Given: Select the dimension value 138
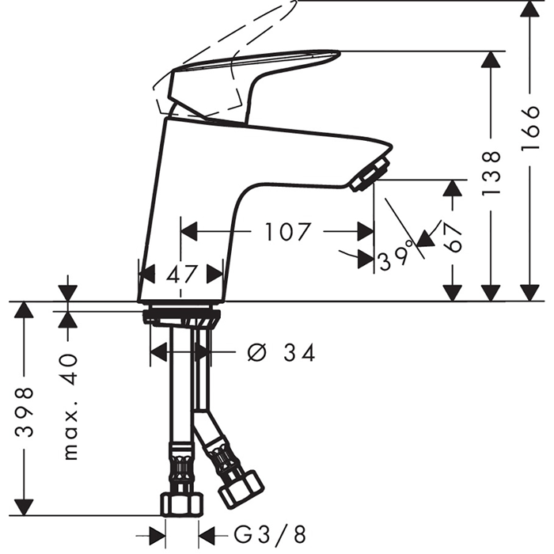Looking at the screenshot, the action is coord(491,173).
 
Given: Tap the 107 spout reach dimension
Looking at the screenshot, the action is coord(287,232).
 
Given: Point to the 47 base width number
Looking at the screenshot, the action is coord(181,274).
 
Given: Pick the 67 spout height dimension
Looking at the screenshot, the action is coord(453,237).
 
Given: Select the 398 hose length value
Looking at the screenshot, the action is coord(25,412).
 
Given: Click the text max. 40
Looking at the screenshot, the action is coord(70,407).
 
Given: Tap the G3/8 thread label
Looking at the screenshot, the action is coord(270,535).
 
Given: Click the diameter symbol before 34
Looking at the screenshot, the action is coord(257,353).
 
